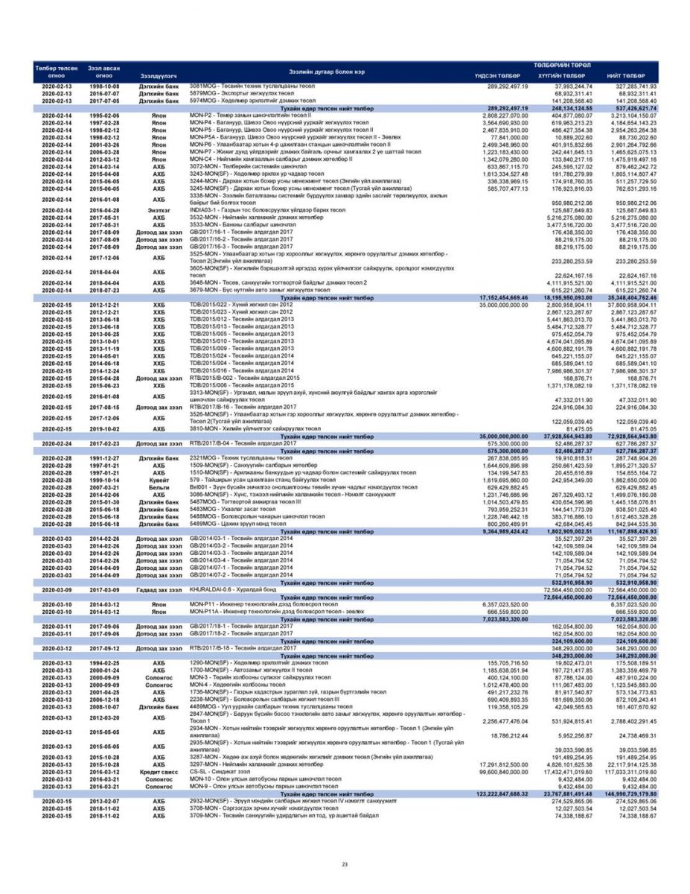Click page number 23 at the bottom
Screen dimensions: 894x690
345,864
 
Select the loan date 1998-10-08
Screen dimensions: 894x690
104,86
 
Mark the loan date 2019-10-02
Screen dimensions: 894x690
104,429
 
